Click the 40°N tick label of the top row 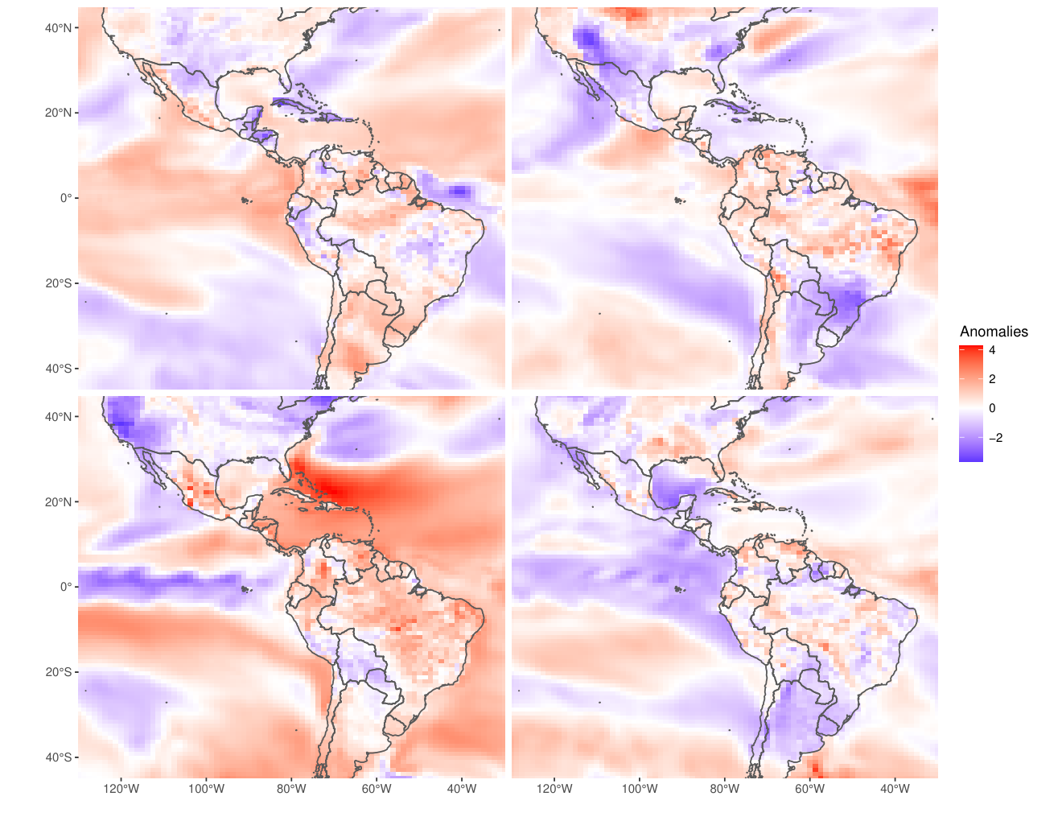click(58, 28)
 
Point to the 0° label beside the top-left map click(65, 198)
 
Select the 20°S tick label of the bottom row click(58, 672)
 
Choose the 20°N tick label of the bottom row click(58, 502)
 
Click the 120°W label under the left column click(121, 789)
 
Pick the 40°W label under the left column click(461, 789)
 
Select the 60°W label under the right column click(810, 789)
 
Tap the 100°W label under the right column click(640, 789)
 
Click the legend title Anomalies click(994, 332)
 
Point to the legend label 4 click(992, 350)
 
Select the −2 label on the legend click(995, 438)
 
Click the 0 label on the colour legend click(992, 408)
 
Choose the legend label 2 click(992, 379)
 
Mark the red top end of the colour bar click(970, 347)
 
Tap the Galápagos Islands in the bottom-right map click(679, 588)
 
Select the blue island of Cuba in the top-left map click(292, 104)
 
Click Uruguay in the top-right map click(827, 337)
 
